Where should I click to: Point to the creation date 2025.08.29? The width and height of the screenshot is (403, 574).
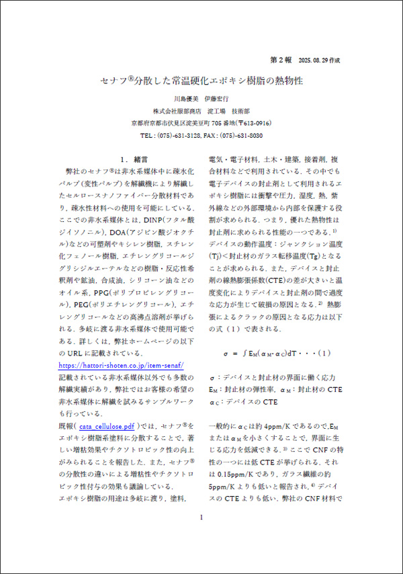click(316, 59)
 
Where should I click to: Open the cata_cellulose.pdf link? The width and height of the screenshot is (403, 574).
click(108, 426)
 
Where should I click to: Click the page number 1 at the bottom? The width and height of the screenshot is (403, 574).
click(201, 555)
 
